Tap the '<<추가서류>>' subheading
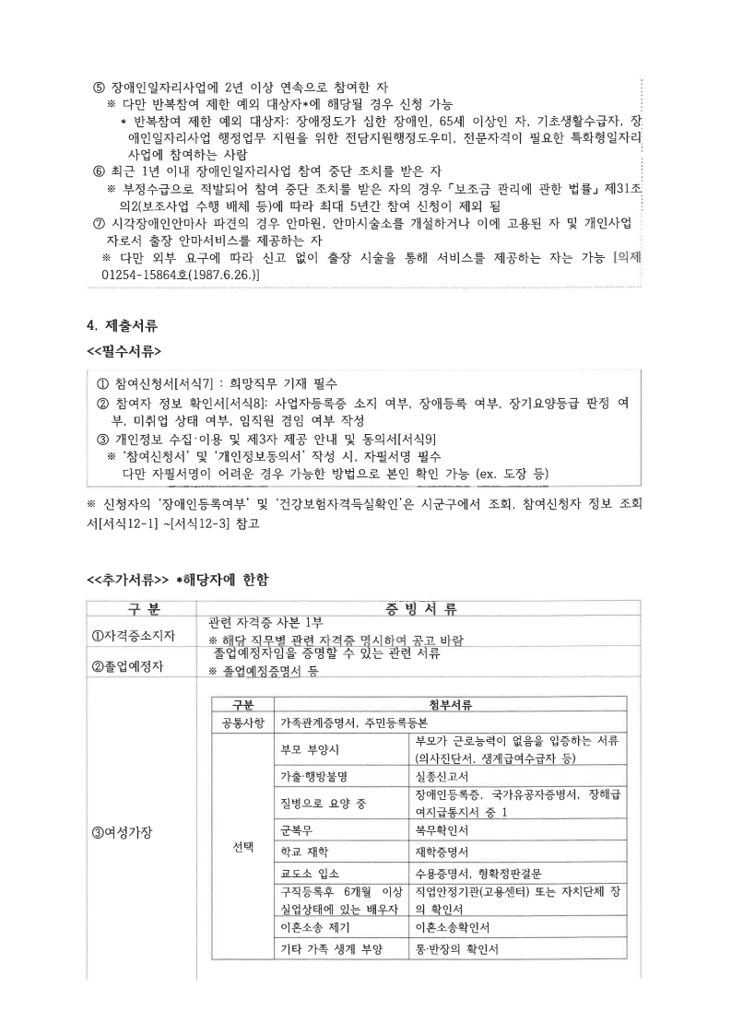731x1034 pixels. [x=127, y=579]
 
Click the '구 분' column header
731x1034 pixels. [x=141, y=608]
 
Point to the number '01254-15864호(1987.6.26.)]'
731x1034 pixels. [x=181, y=275]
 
